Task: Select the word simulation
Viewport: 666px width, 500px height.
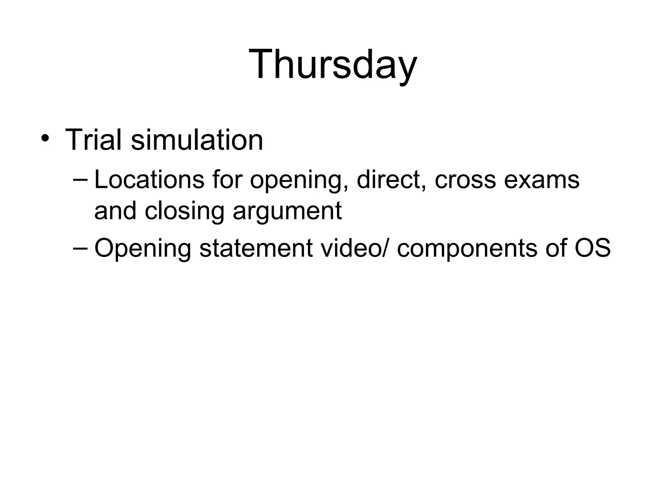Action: [x=197, y=140]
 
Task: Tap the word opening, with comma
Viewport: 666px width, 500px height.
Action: [x=299, y=181]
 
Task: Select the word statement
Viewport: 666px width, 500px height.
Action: [x=256, y=248]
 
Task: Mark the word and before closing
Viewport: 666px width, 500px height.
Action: [x=115, y=211]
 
